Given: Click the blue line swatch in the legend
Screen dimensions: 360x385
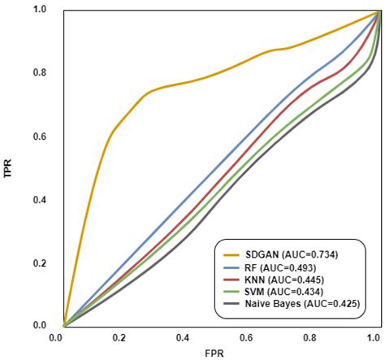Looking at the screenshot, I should coord(231,267).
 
